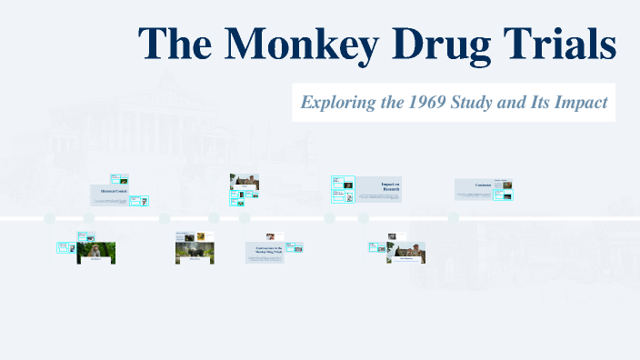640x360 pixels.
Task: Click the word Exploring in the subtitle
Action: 340,103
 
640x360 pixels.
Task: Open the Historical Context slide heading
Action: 108,192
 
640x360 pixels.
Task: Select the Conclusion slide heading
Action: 484,185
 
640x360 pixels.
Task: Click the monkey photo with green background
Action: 96,251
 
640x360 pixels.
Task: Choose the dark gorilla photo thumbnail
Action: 195,251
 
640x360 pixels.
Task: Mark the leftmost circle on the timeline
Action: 50,218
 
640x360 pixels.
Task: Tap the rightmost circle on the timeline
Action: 453,218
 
